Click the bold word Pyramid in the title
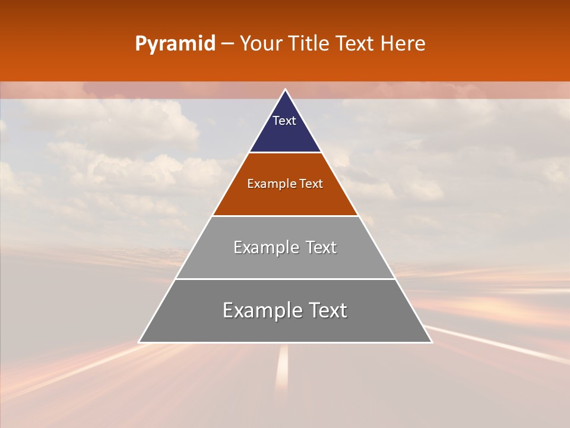click(x=175, y=44)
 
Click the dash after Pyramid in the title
click(x=227, y=44)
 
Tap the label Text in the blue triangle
click(x=284, y=121)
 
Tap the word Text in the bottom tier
click(x=328, y=310)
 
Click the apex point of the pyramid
click(x=285, y=90)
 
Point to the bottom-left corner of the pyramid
click(x=140, y=342)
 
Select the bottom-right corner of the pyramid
click(x=431, y=342)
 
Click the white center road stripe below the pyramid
click(x=283, y=369)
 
